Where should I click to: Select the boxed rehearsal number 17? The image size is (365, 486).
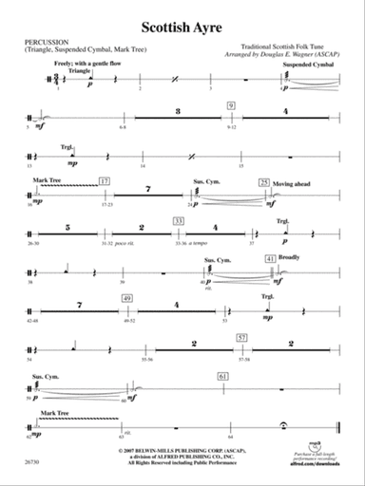(106, 179)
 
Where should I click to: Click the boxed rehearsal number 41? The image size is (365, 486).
(271, 259)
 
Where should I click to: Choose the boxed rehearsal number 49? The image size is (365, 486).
(126, 298)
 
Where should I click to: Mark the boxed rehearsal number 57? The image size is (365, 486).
(242, 338)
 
